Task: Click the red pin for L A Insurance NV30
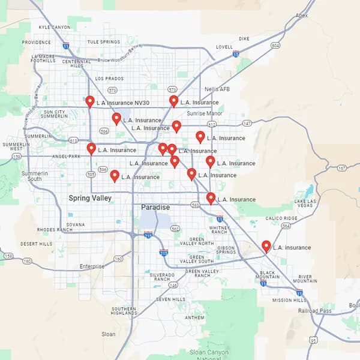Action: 90,101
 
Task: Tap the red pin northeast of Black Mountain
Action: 266,246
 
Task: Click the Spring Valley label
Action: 89,198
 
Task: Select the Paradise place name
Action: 155,207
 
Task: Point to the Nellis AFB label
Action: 217,89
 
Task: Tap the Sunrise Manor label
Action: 204,113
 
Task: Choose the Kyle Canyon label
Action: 54,27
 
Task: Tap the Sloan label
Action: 109,334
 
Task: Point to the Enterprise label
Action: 92,266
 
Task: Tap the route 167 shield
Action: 341,168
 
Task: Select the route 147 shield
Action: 247,123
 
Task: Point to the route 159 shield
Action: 8,256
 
